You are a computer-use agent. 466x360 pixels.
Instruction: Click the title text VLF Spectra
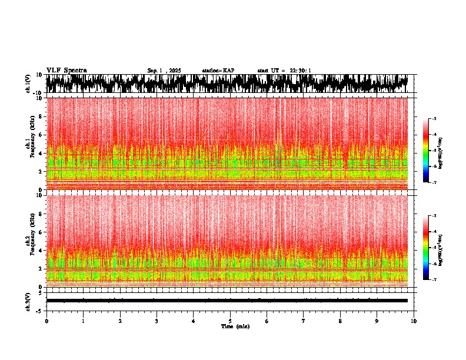coord(66,71)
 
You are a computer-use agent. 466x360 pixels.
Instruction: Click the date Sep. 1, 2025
coord(164,71)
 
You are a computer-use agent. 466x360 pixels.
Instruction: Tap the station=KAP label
coord(218,71)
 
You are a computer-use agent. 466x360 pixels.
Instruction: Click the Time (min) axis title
coord(235,326)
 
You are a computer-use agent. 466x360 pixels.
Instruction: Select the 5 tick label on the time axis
coord(230,321)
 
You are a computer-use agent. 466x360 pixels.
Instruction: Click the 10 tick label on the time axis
coord(414,321)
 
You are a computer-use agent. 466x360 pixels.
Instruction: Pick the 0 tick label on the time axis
coord(46,321)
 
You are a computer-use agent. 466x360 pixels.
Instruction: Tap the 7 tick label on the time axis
coord(304,321)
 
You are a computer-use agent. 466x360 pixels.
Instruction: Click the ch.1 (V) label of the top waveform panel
coord(28,84)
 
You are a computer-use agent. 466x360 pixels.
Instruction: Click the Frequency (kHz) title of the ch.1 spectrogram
coord(32,143)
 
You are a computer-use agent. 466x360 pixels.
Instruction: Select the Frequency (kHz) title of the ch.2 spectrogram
coord(32,240)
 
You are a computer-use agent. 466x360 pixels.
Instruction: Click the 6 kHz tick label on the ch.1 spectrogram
coord(41,135)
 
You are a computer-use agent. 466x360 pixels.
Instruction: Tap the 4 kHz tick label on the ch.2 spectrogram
coord(41,250)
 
